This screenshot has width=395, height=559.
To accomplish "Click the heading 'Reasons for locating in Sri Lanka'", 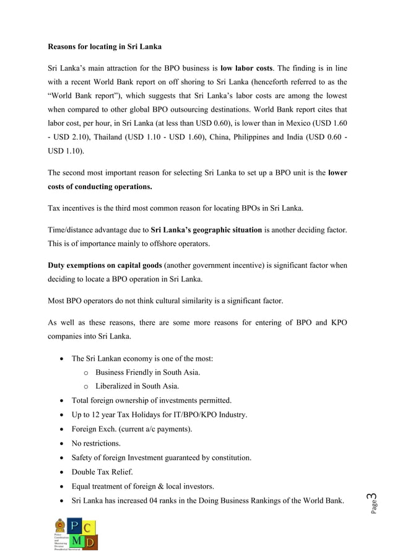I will (105, 46).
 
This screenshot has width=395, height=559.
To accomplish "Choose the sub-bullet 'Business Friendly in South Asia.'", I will (147, 372).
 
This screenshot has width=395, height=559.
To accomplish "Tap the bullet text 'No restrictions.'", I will (96, 443).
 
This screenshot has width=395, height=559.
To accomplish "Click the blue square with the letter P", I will (74, 527).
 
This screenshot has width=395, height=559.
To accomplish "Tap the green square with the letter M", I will (74, 543).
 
